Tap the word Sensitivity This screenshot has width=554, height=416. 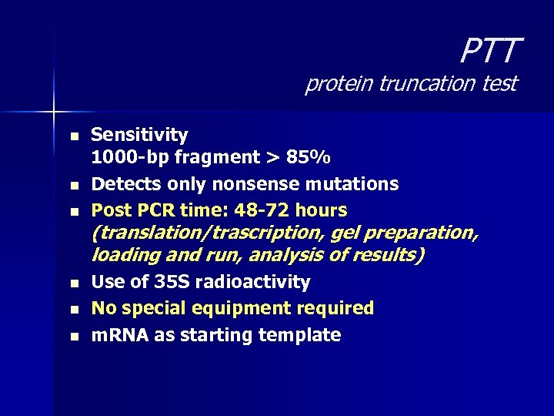[139, 135]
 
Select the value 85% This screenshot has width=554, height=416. [309, 158]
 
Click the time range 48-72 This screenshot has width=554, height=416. [262, 210]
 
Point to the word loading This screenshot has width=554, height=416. [124, 254]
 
